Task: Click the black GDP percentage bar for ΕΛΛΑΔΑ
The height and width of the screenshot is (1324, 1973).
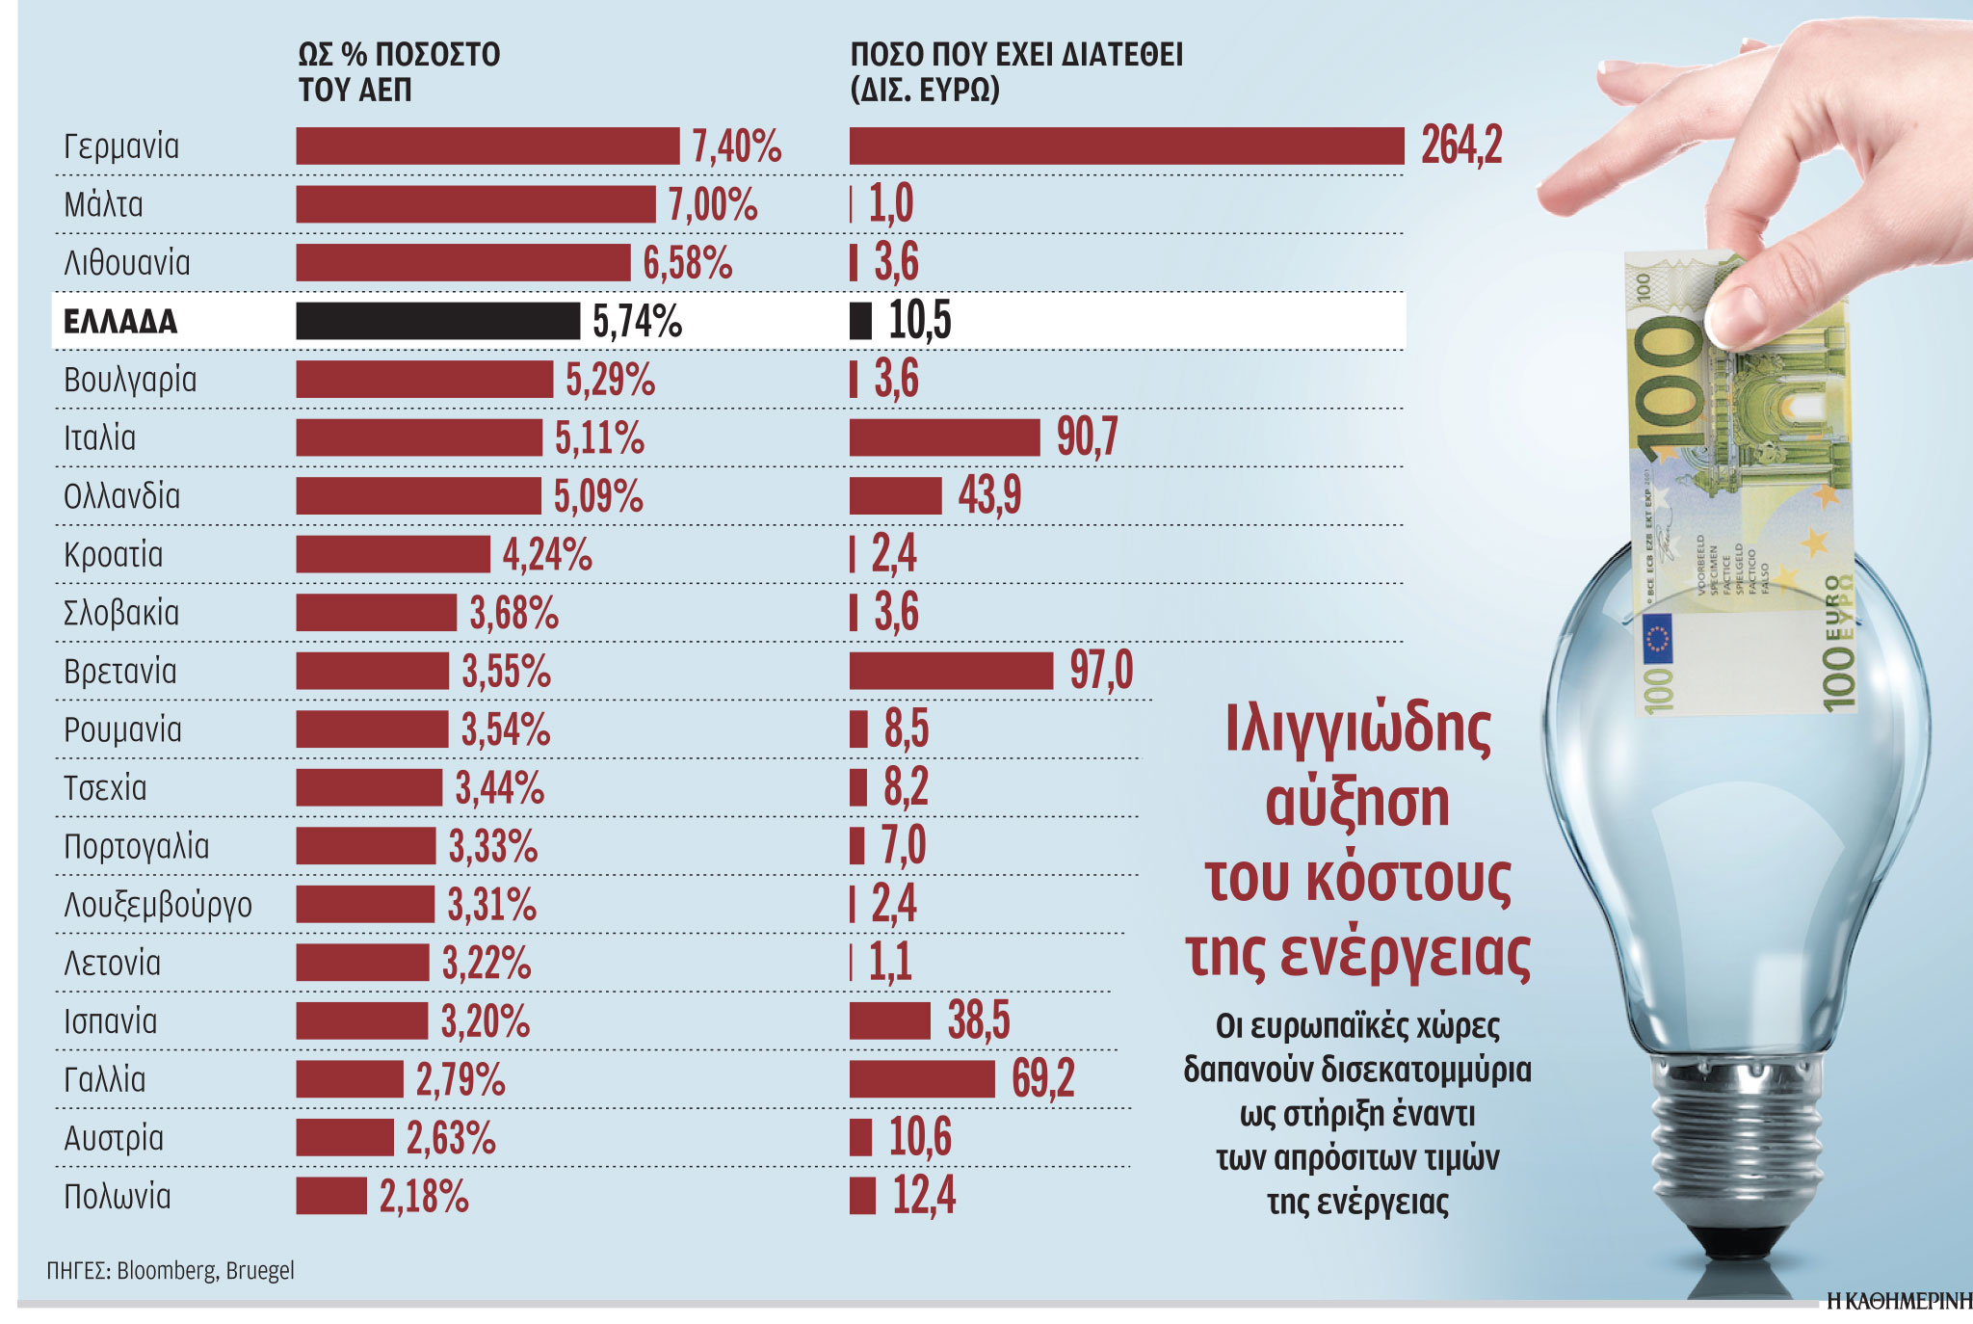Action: click(x=437, y=321)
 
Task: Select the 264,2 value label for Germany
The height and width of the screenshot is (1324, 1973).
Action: click(x=1460, y=146)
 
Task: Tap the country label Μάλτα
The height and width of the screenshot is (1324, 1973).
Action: click(x=103, y=204)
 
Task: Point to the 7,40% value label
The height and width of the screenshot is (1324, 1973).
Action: click(x=736, y=146)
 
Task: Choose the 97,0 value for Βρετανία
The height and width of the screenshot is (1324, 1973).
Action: click(x=1100, y=671)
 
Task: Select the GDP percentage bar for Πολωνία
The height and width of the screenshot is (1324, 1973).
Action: click(x=331, y=1196)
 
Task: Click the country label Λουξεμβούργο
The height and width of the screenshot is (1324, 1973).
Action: click(x=158, y=905)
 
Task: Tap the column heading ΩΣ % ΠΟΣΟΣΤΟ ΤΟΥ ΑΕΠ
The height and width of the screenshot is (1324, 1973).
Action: click(x=398, y=71)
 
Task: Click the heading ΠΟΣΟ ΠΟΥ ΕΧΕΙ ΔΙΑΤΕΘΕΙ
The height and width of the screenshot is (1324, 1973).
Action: click(x=1015, y=55)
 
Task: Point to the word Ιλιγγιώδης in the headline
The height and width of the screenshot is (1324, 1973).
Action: click(x=1357, y=728)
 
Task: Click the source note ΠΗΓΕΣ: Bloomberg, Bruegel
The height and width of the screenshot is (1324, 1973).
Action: click(x=171, y=1270)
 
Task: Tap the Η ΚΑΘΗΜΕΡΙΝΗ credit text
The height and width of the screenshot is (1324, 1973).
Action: click(x=1898, y=1301)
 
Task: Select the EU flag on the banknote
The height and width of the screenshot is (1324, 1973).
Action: click(x=1658, y=640)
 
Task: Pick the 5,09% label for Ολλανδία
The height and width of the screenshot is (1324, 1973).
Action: click(x=597, y=496)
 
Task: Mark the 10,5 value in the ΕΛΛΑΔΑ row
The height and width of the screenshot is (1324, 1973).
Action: click(x=919, y=321)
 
